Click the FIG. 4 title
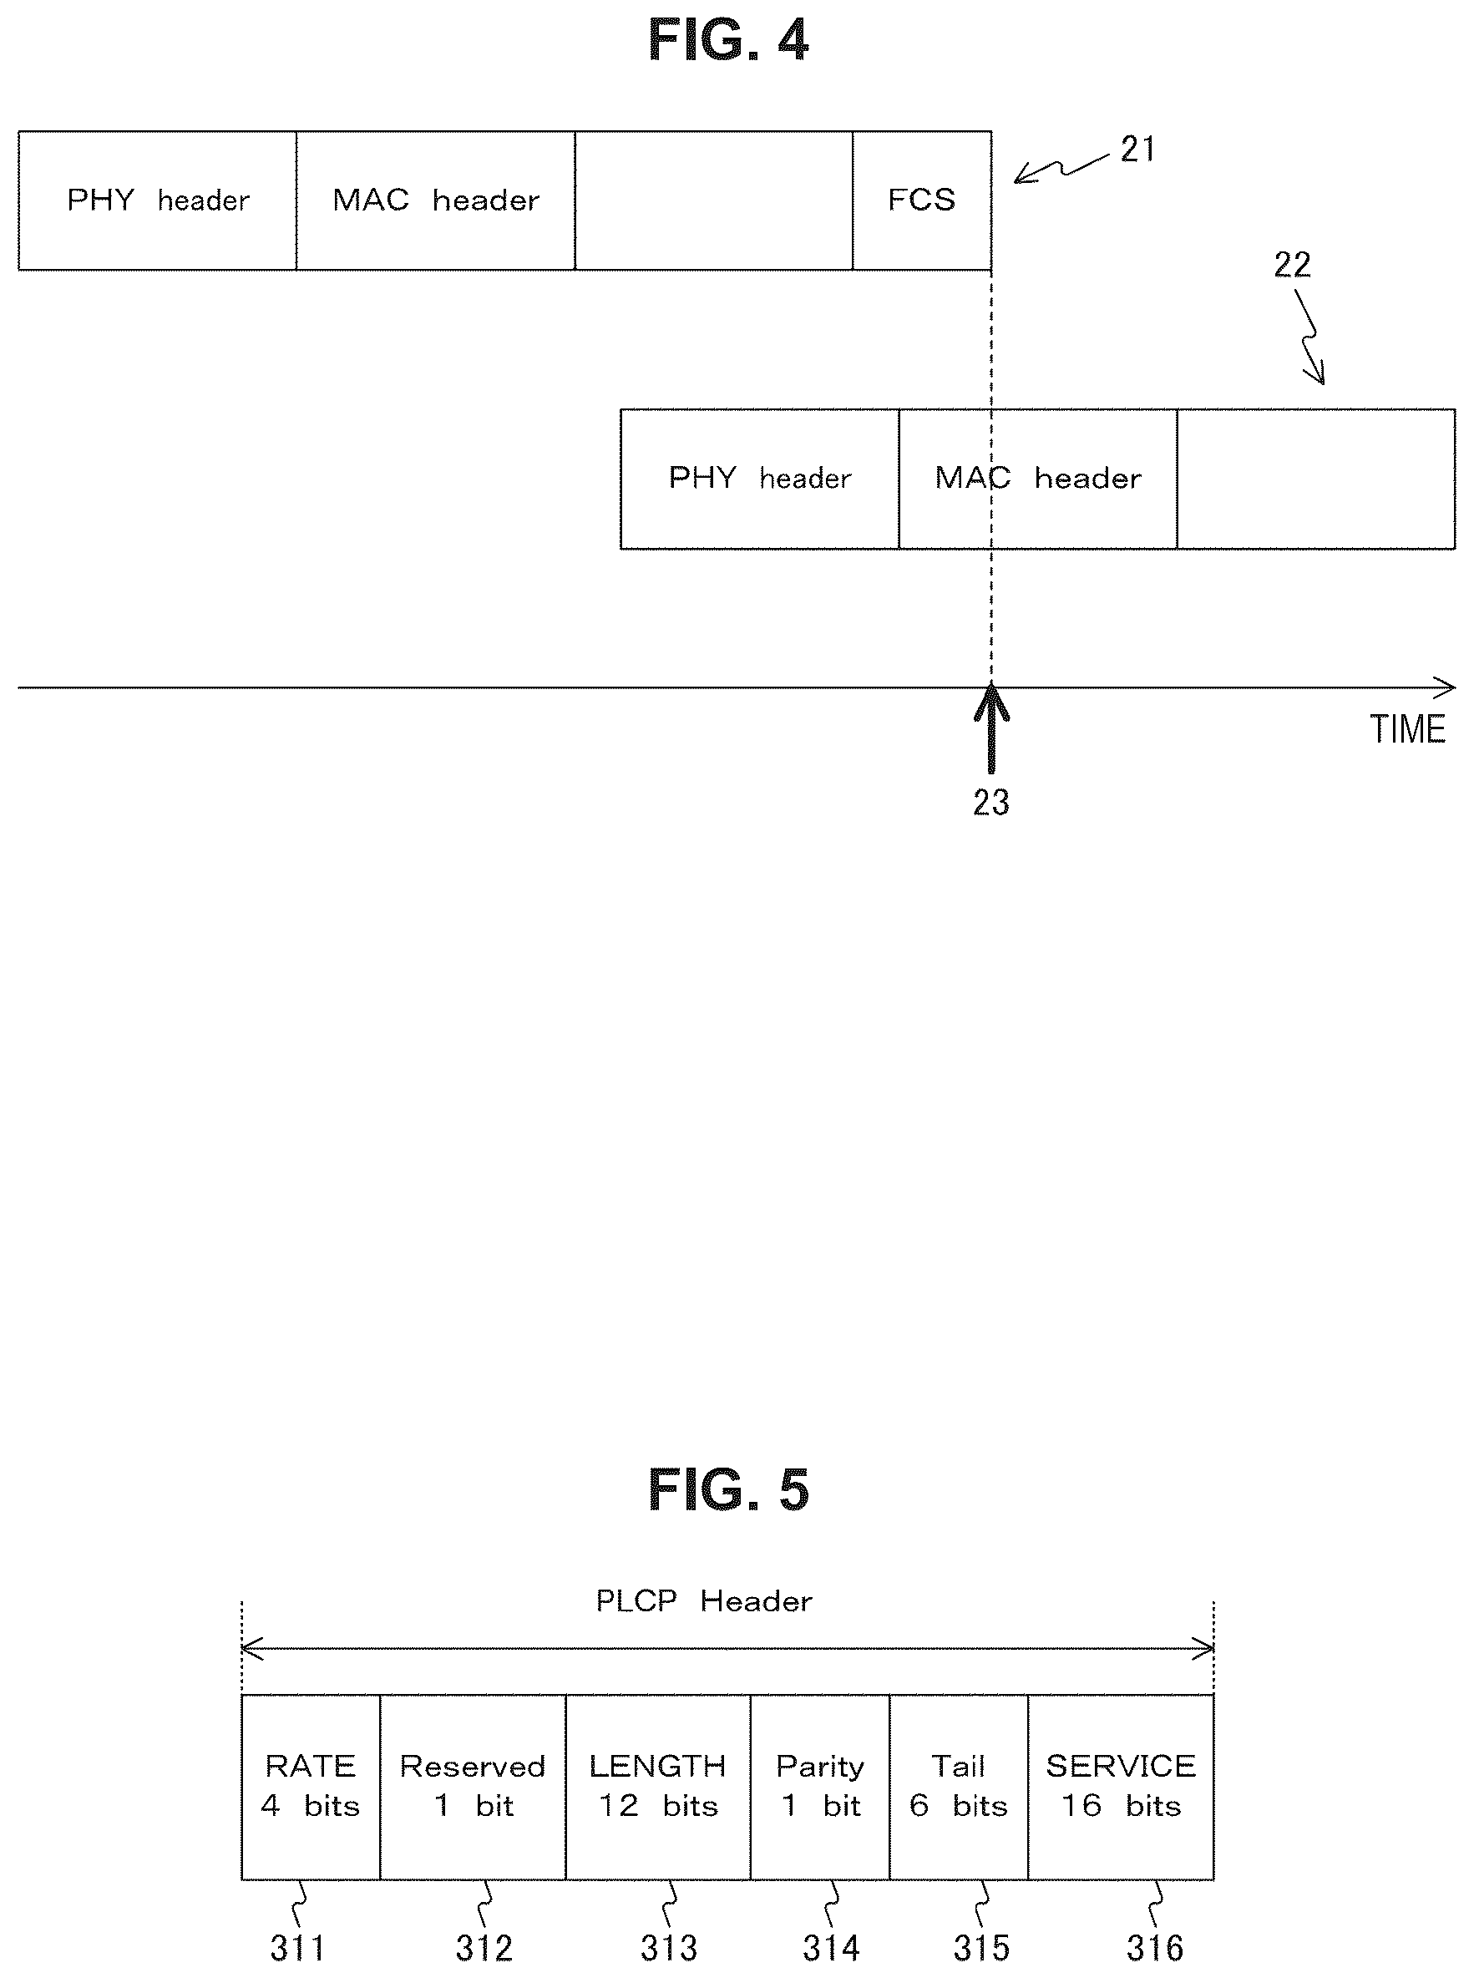728,40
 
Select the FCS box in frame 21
922,200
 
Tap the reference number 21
1137,149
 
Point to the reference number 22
1292,264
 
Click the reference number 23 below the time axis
991,802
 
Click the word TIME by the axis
1407,730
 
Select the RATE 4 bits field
311,1787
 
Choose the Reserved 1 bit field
473,1787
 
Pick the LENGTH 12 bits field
658,1787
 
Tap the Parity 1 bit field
820,1787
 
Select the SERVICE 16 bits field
1121,1787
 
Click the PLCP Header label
704,1600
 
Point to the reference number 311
297,1948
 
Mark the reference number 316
1155,1948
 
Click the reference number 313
668,1948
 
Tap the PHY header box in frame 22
760,479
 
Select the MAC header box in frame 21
435,200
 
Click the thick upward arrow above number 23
991,728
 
